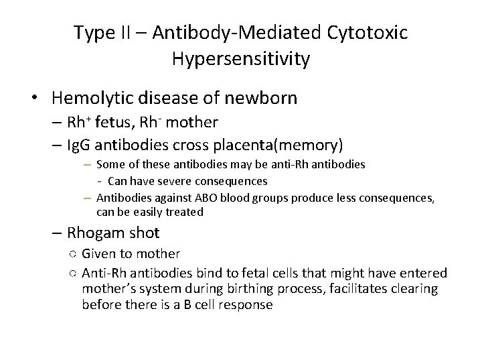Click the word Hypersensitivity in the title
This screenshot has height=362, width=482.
[241, 59]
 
